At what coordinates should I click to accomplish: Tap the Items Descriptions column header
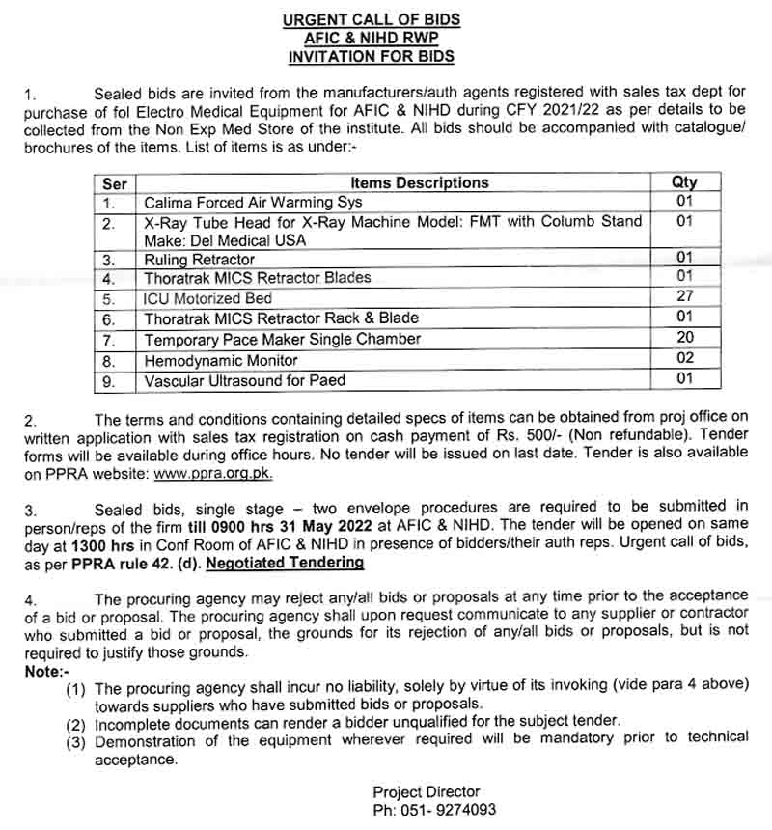(x=419, y=182)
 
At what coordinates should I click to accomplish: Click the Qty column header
(x=684, y=182)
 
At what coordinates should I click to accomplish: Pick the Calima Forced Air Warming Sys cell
(x=253, y=203)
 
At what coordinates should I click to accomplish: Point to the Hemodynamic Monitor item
(x=220, y=360)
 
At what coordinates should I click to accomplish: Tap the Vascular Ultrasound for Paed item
(x=244, y=380)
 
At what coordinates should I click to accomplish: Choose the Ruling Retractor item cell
(x=200, y=260)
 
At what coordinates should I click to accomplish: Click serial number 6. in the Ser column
(x=109, y=318)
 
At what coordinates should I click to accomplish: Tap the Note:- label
(x=44, y=669)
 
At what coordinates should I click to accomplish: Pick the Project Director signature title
(x=426, y=792)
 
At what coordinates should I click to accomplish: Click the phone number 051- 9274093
(x=435, y=811)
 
